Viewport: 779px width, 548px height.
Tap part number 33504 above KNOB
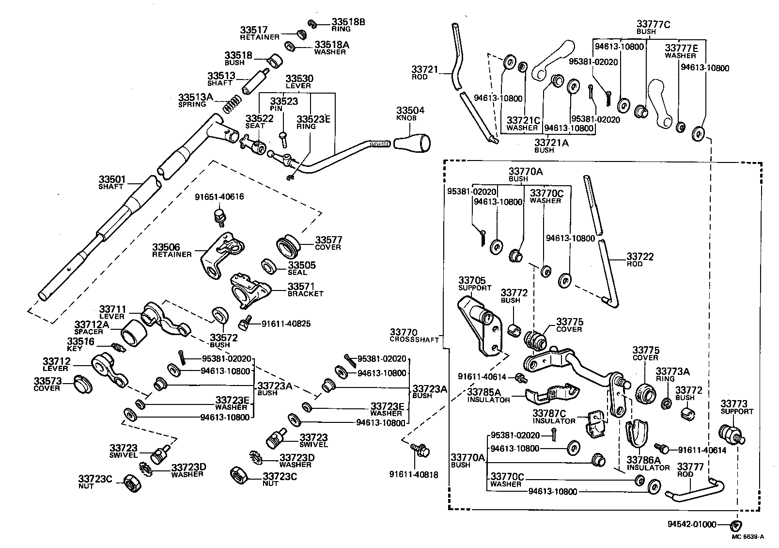click(410, 111)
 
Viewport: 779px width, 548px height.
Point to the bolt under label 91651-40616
click(219, 217)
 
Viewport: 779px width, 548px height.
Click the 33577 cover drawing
click(289, 246)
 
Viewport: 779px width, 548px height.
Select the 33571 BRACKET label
click(305, 290)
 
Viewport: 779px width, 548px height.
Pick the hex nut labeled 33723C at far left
click(132, 482)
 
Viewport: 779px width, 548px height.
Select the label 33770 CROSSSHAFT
click(414, 336)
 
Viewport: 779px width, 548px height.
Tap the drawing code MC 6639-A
click(748, 536)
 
